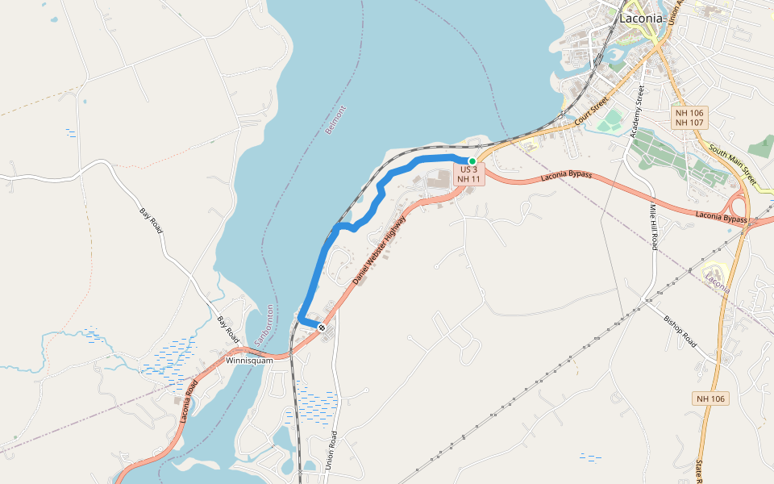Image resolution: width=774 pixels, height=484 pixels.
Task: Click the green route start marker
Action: pos(472,161)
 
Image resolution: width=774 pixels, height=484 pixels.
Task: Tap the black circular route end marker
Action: pos(321,328)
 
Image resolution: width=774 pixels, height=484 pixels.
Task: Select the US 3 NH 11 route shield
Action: pos(469,174)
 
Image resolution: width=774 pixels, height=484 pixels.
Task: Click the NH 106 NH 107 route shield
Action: pos(689,118)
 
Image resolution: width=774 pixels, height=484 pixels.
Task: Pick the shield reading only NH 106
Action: pos(709,398)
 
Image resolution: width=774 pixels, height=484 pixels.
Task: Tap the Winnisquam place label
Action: pos(250,361)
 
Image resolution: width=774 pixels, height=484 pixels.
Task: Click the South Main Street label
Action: pos(733,163)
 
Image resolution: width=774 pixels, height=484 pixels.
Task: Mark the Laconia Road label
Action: pos(189,402)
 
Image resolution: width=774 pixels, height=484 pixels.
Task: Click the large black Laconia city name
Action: pos(642,18)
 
